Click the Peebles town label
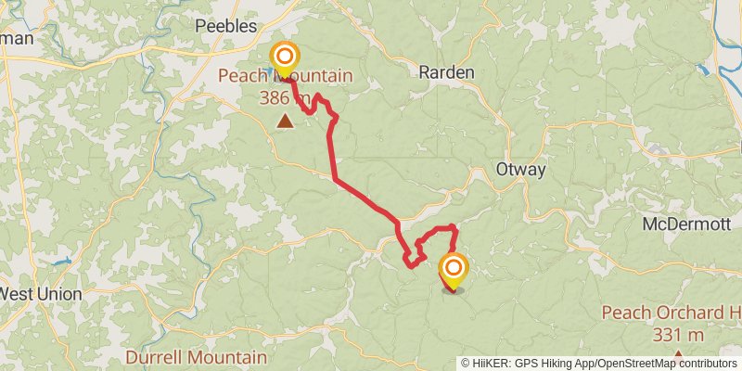225,27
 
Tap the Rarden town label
446,72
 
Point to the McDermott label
688,224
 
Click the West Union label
41,294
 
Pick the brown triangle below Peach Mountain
285,121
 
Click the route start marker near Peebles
284,58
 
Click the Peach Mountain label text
285,73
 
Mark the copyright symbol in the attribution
466,364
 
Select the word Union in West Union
62,294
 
